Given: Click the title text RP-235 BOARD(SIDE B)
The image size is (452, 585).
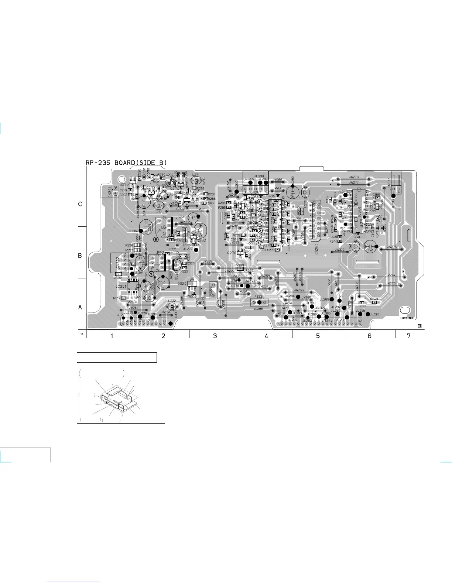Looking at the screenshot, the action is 126,162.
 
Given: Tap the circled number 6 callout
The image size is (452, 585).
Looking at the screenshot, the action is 156,239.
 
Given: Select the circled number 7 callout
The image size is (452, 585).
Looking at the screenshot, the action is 151,274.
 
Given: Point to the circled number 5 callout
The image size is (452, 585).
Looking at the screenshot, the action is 260,202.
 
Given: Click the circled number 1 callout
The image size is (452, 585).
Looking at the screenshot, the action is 258,243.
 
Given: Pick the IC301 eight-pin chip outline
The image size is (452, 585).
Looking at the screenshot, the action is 133,286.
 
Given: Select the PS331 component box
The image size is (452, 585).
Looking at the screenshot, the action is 259,302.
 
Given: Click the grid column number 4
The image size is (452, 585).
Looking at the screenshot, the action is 266,336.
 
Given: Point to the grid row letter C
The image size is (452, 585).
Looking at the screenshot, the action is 80,204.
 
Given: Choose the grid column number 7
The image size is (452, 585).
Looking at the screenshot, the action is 408,336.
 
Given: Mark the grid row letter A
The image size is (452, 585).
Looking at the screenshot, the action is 80,307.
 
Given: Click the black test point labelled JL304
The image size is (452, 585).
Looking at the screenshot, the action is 141,231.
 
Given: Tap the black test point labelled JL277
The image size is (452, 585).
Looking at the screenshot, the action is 196,250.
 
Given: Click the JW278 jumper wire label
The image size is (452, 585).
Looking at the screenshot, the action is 353,177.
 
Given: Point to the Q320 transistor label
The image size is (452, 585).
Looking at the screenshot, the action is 182,283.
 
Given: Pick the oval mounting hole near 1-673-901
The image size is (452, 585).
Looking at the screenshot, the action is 405,310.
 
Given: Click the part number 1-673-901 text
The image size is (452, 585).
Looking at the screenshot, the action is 407,318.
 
